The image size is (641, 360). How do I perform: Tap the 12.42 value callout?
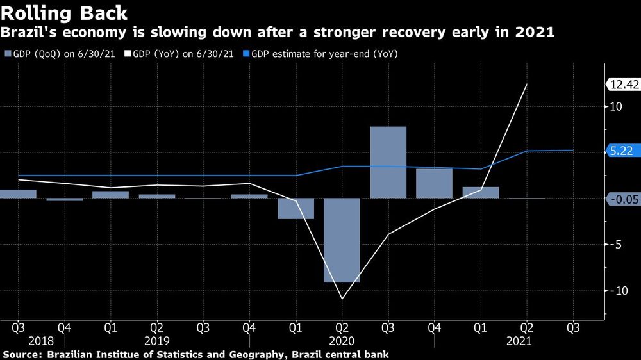click(623, 84)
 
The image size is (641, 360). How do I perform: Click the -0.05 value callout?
click(623, 200)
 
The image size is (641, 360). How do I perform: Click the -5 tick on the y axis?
click(617, 244)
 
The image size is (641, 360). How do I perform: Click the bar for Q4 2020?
click(434, 183)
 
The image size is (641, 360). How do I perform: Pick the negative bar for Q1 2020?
click(296, 208)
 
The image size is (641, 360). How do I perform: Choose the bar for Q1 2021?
click(480, 193)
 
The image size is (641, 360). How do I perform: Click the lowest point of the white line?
click(342, 299)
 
